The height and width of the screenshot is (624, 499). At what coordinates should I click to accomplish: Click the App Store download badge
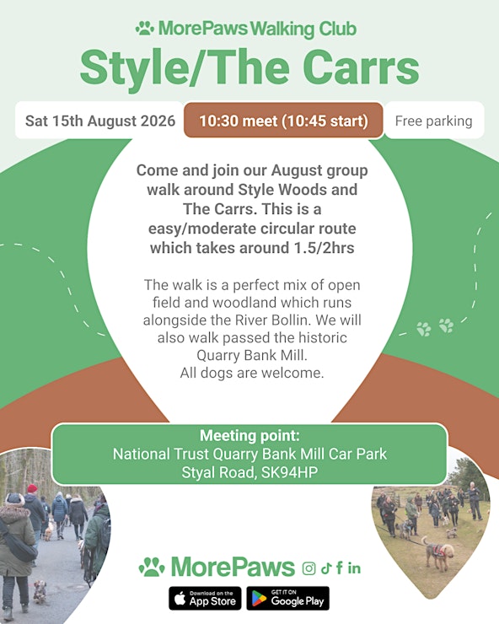tap(205, 598)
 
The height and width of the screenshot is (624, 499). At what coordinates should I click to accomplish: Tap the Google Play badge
tap(287, 598)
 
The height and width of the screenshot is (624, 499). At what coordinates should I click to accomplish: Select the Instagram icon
tap(309, 568)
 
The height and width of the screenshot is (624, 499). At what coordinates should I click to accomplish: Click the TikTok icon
tap(326, 568)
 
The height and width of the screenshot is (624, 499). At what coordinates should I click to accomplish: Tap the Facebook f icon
tap(340, 568)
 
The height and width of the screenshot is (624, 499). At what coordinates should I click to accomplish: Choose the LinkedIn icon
tap(354, 568)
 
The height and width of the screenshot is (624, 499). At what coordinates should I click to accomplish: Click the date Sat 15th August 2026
tap(100, 121)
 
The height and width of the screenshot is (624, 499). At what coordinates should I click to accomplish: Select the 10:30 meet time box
tap(283, 121)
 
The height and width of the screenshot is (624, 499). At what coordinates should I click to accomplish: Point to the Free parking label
tap(434, 121)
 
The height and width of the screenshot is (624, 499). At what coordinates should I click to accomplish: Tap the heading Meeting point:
tap(249, 435)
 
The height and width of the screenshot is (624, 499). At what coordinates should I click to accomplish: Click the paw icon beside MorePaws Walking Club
tap(145, 29)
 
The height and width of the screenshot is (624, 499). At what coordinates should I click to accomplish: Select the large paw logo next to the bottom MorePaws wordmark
tap(152, 568)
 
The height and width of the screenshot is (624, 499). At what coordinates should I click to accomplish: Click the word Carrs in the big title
tap(361, 67)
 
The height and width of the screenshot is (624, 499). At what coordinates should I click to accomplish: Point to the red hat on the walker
tap(32, 488)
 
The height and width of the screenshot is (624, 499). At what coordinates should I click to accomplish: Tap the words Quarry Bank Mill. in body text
tap(252, 355)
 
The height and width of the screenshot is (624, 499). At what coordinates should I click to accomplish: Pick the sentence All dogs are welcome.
tap(252, 373)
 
